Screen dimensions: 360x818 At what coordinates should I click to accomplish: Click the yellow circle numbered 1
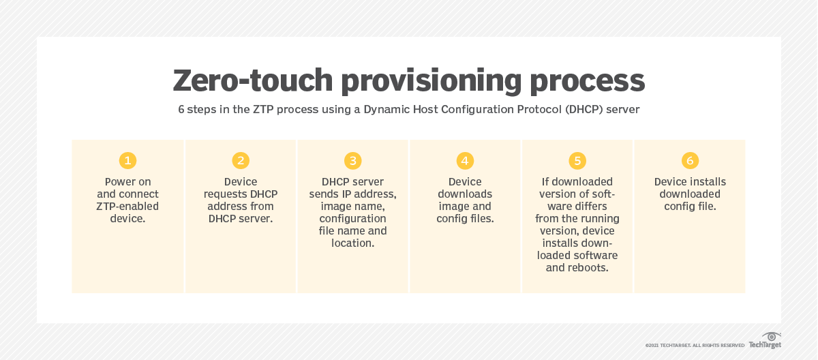tap(127, 161)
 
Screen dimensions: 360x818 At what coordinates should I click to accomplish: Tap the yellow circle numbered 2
tap(240, 161)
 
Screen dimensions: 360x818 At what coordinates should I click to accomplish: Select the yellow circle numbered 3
tap(352, 161)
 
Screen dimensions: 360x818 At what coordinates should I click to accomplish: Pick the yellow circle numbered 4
tap(465, 161)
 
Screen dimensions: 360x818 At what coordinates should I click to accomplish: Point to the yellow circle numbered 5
tap(577, 161)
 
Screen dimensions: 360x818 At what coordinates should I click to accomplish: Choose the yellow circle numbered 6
tap(690, 161)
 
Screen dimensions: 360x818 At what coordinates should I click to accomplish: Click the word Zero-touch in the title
tap(252, 80)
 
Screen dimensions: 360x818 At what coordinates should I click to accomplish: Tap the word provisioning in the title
tap(437, 80)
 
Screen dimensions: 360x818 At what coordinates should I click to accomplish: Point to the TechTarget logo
tap(765, 340)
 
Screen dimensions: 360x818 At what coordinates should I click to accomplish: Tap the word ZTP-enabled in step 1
tap(127, 207)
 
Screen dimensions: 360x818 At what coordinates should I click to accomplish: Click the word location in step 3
tap(352, 243)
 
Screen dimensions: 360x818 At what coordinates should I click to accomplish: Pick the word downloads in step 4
tap(465, 194)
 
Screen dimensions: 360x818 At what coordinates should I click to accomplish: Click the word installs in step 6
tap(710, 182)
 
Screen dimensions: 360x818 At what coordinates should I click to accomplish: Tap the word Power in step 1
tap(120, 182)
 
